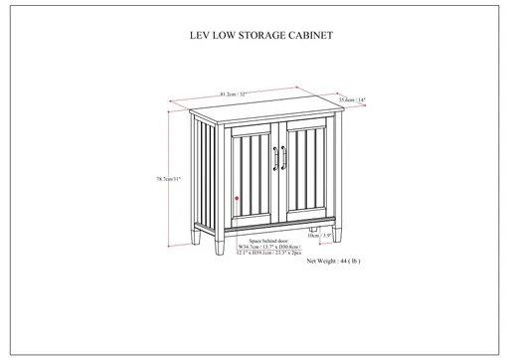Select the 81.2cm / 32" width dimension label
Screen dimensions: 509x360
[234, 92]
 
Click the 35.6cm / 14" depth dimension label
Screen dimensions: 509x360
[352, 99]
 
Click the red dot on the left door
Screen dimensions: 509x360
[236, 199]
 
